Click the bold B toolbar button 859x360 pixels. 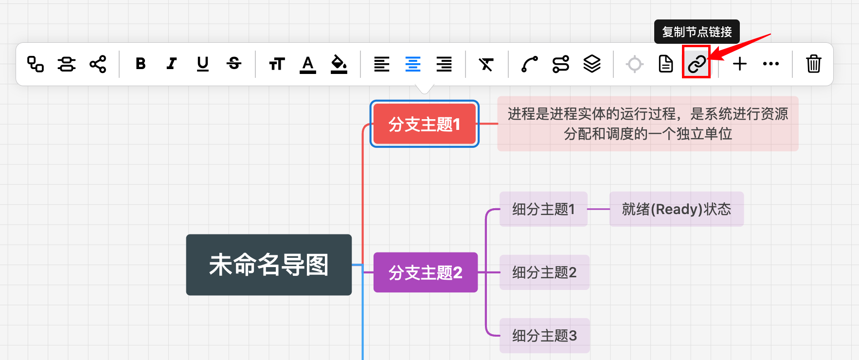(x=141, y=64)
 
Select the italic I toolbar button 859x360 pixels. (x=171, y=64)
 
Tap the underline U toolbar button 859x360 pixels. (x=203, y=64)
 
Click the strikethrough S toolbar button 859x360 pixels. (x=234, y=64)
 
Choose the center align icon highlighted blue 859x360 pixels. (x=413, y=64)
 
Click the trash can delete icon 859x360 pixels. (x=813, y=64)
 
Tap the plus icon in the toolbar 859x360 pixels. (x=739, y=64)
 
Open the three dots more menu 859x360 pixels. (x=770, y=64)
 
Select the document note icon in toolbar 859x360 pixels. (x=665, y=64)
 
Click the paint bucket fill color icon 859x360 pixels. (x=339, y=64)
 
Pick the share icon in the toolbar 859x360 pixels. (x=98, y=64)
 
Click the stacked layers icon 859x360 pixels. (x=591, y=64)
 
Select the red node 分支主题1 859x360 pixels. (x=424, y=124)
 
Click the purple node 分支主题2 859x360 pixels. (x=425, y=272)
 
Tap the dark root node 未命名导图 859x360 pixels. (x=268, y=265)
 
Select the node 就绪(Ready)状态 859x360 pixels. (x=676, y=209)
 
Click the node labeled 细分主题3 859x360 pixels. (x=544, y=336)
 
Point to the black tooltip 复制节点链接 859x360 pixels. (x=697, y=32)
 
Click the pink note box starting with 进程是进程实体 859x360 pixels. (x=647, y=124)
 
